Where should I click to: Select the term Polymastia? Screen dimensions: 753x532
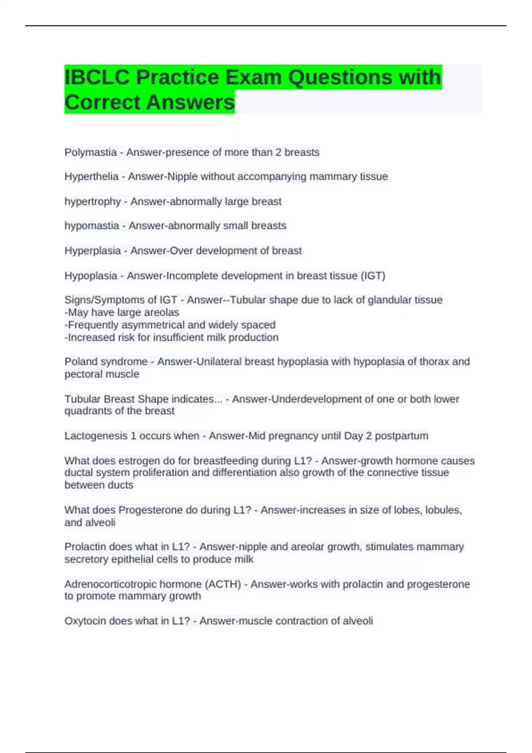pyautogui.click(x=90, y=152)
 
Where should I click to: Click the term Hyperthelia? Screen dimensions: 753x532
pyautogui.click(x=91, y=177)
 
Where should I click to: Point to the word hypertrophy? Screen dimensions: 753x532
pyautogui.click(x=93, y=202)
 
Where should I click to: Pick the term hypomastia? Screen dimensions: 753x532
pyautogui.click(x=92, y=226)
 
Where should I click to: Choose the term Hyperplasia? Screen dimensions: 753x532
pyautogui.click(x=93, y=251)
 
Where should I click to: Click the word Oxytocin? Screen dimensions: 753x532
pyautogui.click(x=85, y=621)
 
